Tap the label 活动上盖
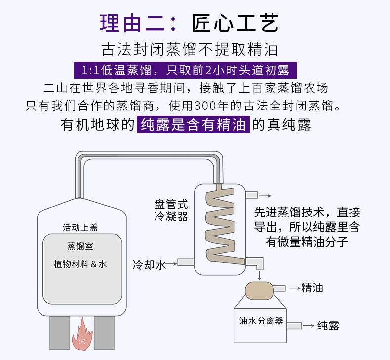click(x=80, y=227)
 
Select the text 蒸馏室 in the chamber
click(x=80, y=246)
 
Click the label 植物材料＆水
click(x=80, y=264)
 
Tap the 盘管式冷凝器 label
click(x=171, y=210)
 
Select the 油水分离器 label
click(x=261, y=321)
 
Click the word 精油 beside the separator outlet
click(x=312, y=288)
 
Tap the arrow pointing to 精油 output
click(x=293, y=288)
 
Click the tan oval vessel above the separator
click(x=259, y=290)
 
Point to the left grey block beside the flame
click(x=59, y=333)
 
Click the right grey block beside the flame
click(x=104, y=333)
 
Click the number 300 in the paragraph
click(x=205, y=105)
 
